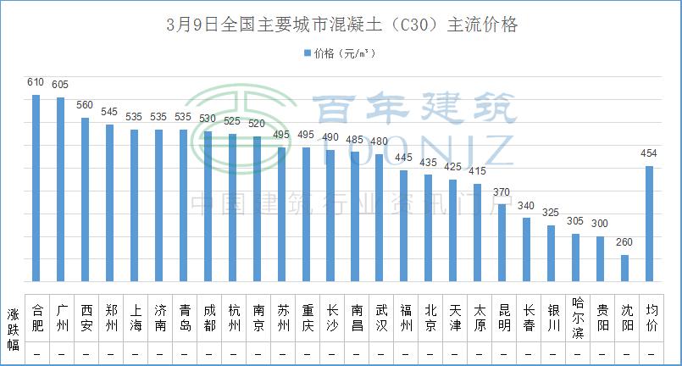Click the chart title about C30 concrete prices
pyautogui.click(x=341, y=25)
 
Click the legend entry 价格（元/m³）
pyautogui.click(x=339, y=53)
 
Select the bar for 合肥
pyautogui.click(x=36, y=187)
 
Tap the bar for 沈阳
pyautogui.click(x=625, y=268)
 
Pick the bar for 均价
pyautogui.click(x=650, y=223)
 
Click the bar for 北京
pyautogui.click(x=429, y=227)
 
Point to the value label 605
pyautogui.click(x=60, y=85)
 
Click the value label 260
pyautogui.click(x=625, y=242)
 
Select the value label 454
pyautogui.click(x=650, y=153)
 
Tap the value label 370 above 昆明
pyautogui.click(x=502, y=191)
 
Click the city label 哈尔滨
pyautogui.click(x=577, y=316)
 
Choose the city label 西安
pyautogui.click(x=86, y=316)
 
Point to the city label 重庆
pyautogui.click(x=306, y=316)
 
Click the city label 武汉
pyautogui.click(x=380, y=316)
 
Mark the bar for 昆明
pyautogui.click(x=502, y=242)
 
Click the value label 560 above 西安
pyautogui.click(x=85, y=105)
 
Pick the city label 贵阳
pyautogui.click(x=602, y=316)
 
